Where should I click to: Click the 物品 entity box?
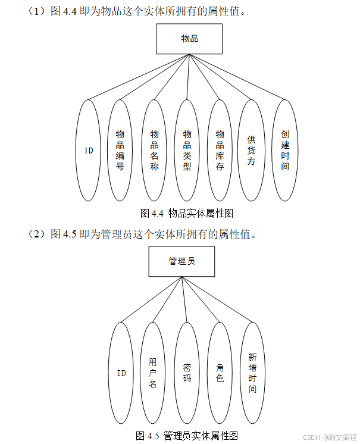tap(189, 39)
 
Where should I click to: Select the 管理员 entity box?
tap(181, 261)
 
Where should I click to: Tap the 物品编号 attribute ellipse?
tap(120, 150)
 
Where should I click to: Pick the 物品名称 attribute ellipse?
tap(154, 150)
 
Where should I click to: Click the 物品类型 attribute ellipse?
tap(187, 150)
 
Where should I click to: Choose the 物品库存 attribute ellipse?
tap(220, 150)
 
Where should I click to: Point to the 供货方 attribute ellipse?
tap(251, 150)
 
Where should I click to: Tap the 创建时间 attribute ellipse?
tap(285, 150)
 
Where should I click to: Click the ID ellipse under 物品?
tap(89, 150)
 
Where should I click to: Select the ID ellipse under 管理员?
tap(121, 373)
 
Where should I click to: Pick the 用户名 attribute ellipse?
tap(153, 373)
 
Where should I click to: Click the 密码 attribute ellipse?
tap(186, 373)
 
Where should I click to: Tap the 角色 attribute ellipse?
tap(220, 373)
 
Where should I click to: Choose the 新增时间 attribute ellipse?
tap(252, 373)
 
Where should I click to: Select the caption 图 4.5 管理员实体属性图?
tap(187, 436)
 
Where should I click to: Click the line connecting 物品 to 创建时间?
tap(238, 78)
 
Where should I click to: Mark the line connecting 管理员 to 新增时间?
tap(217, 301)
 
